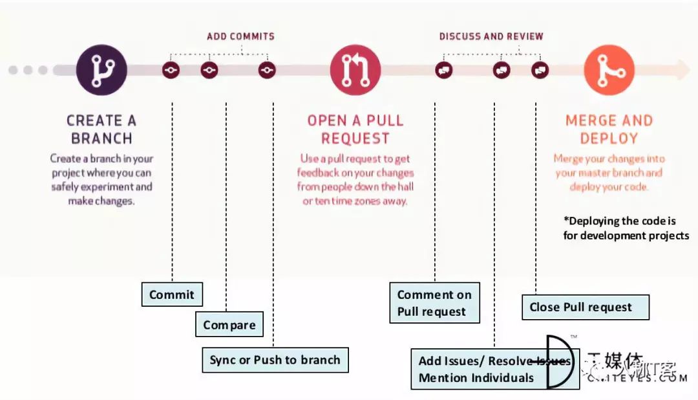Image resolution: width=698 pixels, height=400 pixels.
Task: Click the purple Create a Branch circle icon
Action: [101, 70]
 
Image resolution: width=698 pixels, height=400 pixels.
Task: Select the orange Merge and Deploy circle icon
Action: [609, 70]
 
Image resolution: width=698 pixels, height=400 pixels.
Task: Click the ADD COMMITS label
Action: [240, 36]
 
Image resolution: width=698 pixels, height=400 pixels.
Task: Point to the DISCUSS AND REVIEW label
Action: [491, 36]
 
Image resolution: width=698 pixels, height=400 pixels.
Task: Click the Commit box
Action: [172, 294]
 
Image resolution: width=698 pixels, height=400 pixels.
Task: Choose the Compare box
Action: [229, 325]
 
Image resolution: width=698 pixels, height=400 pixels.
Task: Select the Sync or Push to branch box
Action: [275, 360]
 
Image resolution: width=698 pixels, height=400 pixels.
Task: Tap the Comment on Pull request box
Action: [434, 303]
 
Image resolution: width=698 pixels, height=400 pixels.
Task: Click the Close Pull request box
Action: [585, 307]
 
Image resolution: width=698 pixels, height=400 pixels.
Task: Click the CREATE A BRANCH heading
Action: [101, 129]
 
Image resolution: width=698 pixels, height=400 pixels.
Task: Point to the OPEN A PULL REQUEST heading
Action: [355, 129]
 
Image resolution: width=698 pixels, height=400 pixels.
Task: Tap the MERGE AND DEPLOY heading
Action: [609, 129]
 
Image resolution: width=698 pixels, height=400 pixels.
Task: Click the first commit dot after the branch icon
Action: [171, 70]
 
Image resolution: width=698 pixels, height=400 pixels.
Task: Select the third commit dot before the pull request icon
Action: [267, 70]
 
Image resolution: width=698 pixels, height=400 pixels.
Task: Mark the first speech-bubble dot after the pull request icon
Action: [443, 70]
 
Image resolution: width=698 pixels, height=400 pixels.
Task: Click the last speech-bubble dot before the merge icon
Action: [540, 70]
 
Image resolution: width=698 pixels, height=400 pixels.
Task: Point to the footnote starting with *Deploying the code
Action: [626, 228]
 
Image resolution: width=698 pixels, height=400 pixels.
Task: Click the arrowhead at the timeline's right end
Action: [682, 70]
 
